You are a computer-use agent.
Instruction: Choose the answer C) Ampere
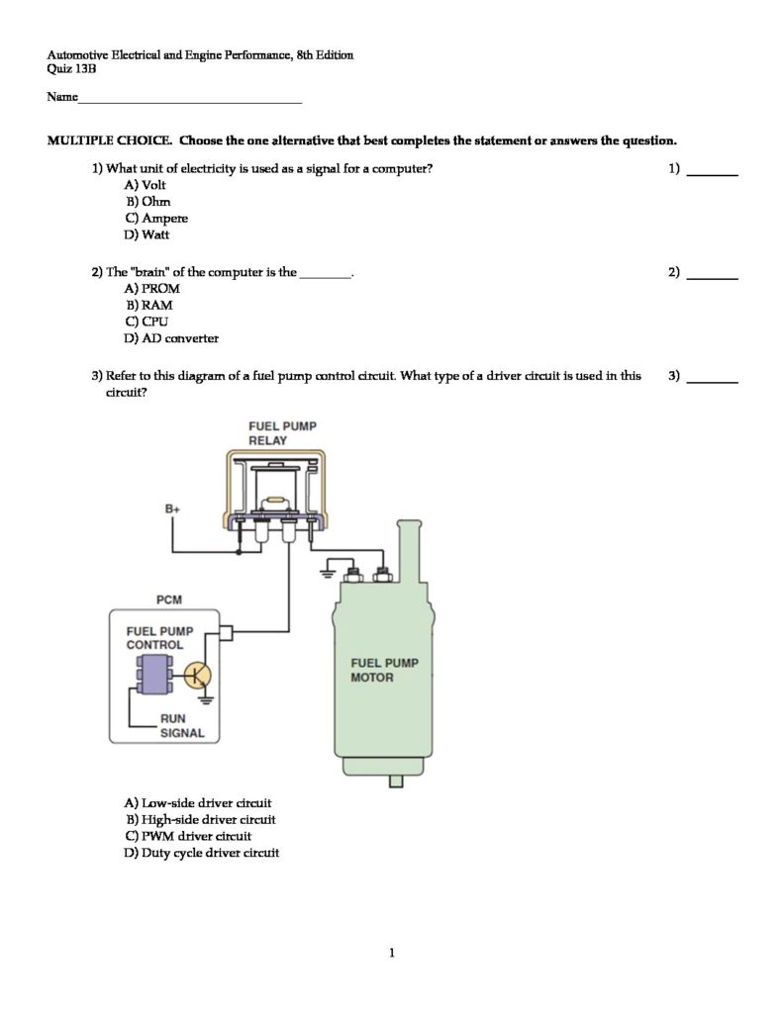coord(155,219)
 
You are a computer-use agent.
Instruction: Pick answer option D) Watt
coord(147,235)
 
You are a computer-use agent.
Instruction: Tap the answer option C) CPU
coord(147,322)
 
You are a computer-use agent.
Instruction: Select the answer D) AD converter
coord(171,338)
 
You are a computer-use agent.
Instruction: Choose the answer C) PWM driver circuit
coord(188,836)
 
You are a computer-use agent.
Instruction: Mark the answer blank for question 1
coord(713,171)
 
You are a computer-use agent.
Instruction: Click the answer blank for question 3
coord(713,378)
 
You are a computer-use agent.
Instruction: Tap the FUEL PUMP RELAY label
coord(282,433)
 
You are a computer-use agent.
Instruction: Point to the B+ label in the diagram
coord(173,508)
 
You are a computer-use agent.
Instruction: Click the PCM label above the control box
coord(169,599)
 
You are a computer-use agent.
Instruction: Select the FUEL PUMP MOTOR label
coord(384,670)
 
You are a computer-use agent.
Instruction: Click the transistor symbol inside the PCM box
coord(198,676)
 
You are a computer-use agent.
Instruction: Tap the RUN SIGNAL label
coord(182,726)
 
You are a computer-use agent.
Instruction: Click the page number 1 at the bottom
coord(392,954)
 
